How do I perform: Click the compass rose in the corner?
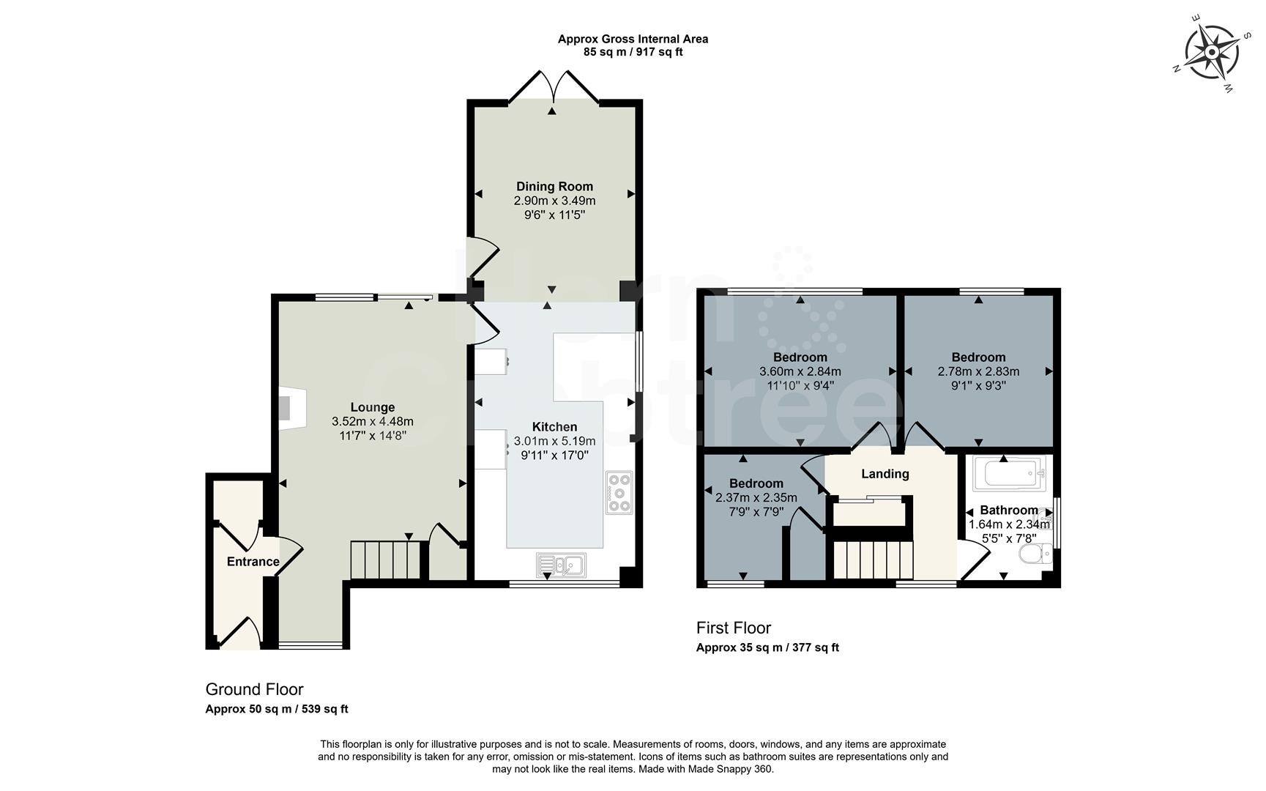point(1212,52)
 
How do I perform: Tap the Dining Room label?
point(554,186)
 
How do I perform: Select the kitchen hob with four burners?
point(619,493)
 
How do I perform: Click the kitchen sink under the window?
point(560,564)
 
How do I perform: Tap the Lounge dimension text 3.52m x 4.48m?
point(372,421)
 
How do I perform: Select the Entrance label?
point(253,562)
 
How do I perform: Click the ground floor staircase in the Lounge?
point(386,560)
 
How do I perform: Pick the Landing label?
point(885,474)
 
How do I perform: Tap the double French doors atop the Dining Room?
point(554,86)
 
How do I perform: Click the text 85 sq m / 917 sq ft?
point(633,52)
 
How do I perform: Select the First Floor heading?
point(733,628)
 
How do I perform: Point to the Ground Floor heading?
point(254,689)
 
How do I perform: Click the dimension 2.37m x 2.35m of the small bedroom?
point(756,498)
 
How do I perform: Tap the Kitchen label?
point(554,427)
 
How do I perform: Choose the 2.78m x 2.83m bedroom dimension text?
point(978,371)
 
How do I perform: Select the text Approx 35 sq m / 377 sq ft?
point(767,647)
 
